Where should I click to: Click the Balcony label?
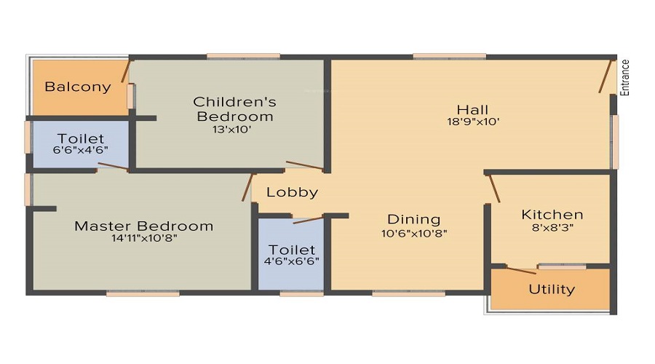click(x=78, y=87)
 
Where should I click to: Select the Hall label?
click(x=472, y=109)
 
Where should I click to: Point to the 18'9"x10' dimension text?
click(x=473, y=122)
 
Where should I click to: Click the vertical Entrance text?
click(x=625, y=77)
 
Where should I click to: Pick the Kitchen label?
click(x=552, y=215)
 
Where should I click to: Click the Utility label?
click(x=551, y=289)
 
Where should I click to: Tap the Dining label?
click(x=413, y=219)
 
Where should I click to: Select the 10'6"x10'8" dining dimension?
click(x=413, y=234)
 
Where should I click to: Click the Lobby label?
click(x=292, y=192)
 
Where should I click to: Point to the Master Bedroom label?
click(x=144, y=226)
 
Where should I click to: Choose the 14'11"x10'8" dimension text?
click(x=144, y=238)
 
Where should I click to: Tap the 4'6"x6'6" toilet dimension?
click(x=292, y=261)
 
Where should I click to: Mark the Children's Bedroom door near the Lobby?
click(x=304, y=167)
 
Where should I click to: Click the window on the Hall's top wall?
click(x=449, y=56)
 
